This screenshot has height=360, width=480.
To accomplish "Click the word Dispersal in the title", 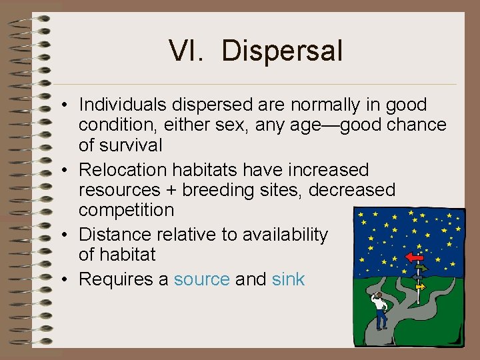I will (282, 51).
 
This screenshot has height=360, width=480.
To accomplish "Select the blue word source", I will (201, 279).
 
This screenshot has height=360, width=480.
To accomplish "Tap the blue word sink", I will (288, 279).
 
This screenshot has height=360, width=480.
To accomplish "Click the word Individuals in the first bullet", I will (123, 105).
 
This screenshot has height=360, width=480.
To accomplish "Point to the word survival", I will (129, 145).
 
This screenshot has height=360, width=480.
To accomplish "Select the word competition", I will (126, 210).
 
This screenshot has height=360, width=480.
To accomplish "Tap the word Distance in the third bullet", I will (115, 235).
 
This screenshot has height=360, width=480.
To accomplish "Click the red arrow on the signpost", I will (415, 257).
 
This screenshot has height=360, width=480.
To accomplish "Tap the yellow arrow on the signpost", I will (420, 286).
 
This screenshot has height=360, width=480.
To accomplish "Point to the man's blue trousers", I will (381, 321).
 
